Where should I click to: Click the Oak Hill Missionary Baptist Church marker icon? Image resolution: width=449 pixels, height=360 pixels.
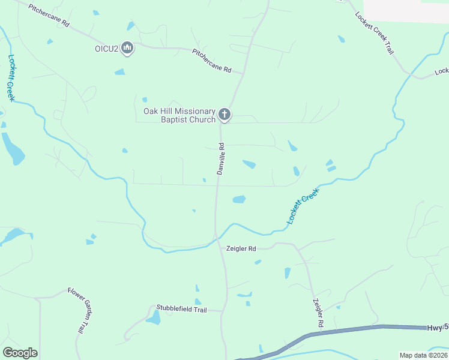point(224,114)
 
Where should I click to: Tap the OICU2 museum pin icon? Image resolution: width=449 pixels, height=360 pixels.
point(127,48)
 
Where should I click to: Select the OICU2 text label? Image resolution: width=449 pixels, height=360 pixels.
point(106,49)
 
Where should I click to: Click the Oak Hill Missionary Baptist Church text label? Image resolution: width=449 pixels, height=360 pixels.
point(179,115)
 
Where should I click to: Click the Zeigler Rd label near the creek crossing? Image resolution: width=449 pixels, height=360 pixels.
point(241,248)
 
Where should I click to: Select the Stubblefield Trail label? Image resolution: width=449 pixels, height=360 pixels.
point(181,310)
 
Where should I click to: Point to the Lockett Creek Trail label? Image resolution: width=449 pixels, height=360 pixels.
point(374,33)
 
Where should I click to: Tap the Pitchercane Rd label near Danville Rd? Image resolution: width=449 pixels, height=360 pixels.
point(211,61)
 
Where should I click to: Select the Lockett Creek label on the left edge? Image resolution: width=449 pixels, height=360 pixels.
point(11,78)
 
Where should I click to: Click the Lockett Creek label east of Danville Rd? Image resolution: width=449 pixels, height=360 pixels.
point(303,206)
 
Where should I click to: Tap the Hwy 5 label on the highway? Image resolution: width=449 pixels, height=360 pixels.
point(438,328)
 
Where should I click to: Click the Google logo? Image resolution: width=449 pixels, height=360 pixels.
point(20,353)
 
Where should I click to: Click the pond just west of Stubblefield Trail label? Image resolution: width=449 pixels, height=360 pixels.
point(154,318)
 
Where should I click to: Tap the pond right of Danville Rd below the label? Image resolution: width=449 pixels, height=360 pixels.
point(239,199)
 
